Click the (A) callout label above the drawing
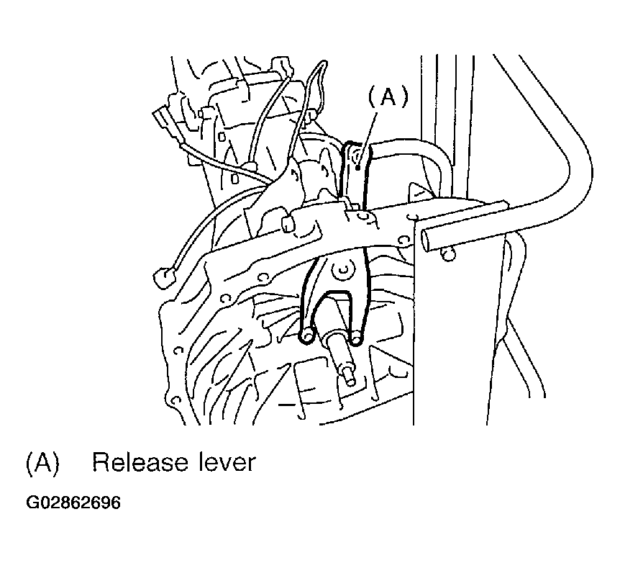point(388,97)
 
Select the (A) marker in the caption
point(42,462)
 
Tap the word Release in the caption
point(140,462)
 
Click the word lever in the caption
point(227,462)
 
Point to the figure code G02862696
point(73,503)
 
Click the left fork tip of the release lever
point(307,336)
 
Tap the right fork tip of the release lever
point(356,338)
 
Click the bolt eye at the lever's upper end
point(355,156)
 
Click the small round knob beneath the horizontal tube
point(447,254)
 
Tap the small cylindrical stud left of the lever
point(288,224)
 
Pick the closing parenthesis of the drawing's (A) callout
point(404,97)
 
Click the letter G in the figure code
point(31,503)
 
